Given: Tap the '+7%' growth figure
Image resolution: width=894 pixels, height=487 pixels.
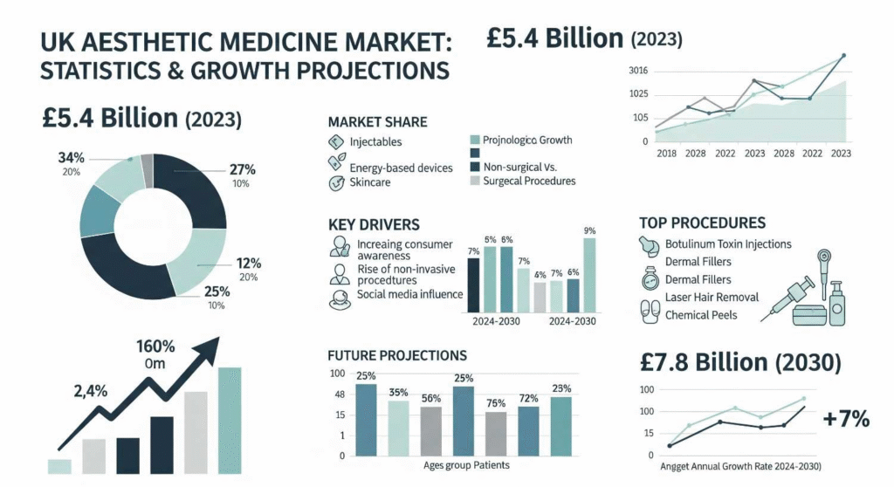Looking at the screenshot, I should tap(846, 419).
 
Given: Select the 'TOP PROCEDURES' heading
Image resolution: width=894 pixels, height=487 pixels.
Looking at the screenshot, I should tap(702, 223).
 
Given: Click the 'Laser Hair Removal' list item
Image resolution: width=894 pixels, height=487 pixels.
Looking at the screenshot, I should tap(712, 298).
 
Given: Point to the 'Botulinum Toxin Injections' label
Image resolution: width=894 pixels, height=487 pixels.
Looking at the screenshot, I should tap(728, 244).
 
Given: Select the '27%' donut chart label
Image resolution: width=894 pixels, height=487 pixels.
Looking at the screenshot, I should tap(241, 168).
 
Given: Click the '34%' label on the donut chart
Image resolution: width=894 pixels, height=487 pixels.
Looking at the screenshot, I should tap(71, 158).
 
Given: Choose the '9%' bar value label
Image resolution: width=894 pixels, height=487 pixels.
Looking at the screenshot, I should tap(589, 230).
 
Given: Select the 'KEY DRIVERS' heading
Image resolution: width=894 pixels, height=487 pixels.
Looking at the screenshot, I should tap(374, 225).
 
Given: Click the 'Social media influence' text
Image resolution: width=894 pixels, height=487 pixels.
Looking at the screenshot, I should tap(409, 295).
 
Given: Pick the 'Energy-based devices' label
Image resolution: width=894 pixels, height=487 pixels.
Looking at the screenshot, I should tap(400, 168).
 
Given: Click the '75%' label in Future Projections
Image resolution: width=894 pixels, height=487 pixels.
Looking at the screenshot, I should tap(495, 403).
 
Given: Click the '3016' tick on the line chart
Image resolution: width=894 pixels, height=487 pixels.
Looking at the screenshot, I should tap(637, 71).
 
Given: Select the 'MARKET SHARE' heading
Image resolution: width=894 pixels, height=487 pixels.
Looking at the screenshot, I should tap(376, 122).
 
